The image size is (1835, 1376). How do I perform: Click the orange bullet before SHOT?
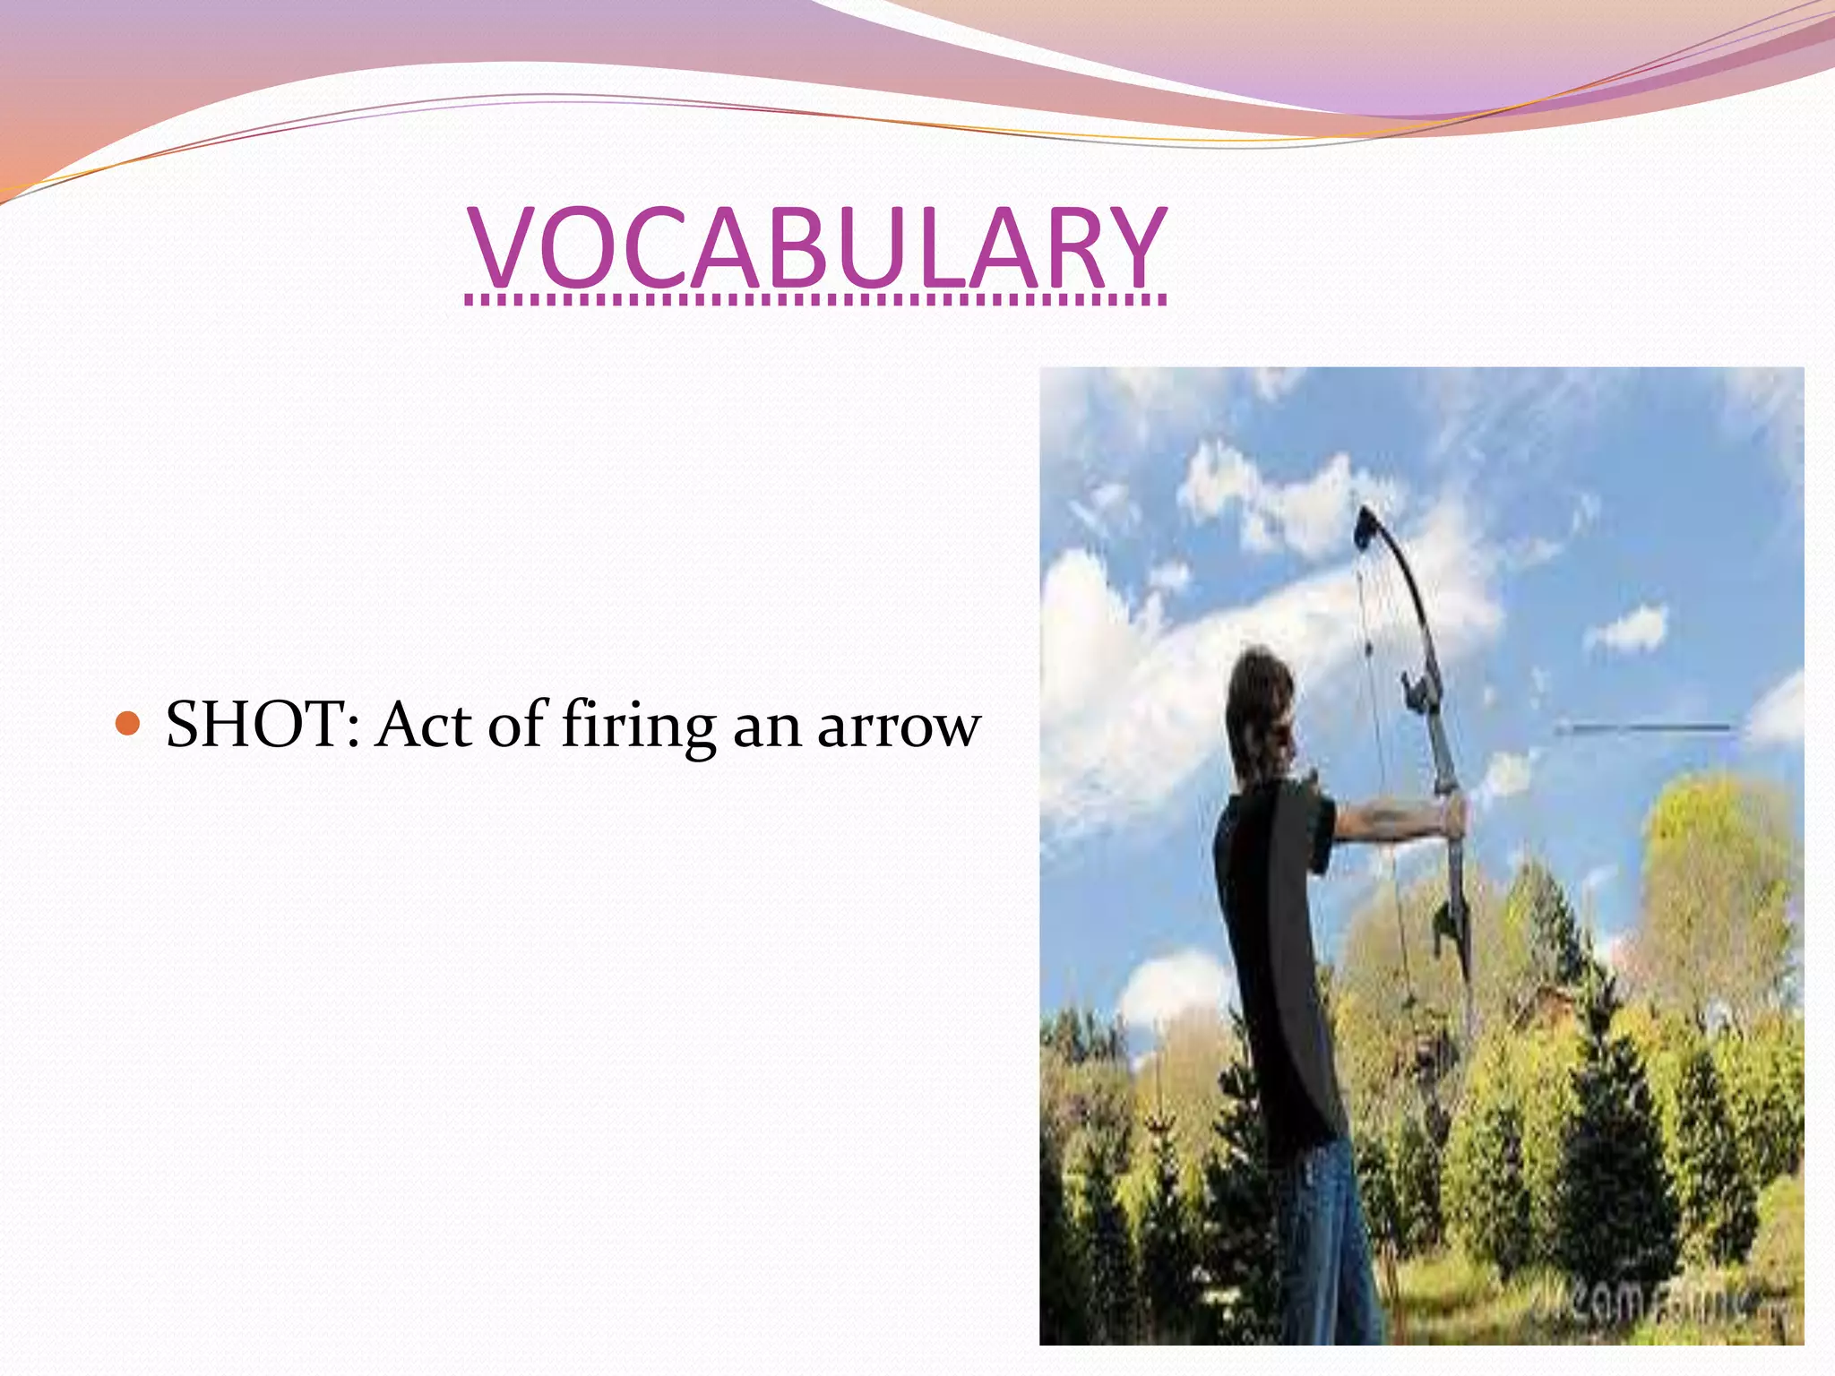[x=129, y=723]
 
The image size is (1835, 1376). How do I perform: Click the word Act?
[x=424, y=723]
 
